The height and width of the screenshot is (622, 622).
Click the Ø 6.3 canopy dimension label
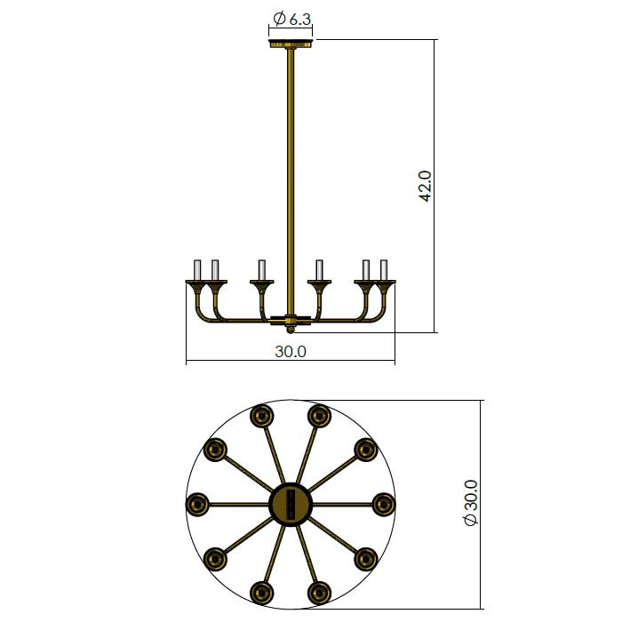292,19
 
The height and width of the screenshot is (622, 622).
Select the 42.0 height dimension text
425,186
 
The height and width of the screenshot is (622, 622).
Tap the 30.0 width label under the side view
291,352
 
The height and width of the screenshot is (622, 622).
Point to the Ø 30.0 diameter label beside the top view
471,503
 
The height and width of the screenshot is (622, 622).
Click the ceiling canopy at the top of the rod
291,44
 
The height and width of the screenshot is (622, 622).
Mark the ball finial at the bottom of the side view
291,330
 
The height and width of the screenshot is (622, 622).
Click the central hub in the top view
291,504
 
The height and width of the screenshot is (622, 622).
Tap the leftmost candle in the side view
197,270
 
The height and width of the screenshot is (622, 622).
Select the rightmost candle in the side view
384,270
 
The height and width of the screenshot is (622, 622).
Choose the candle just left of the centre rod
262,270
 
